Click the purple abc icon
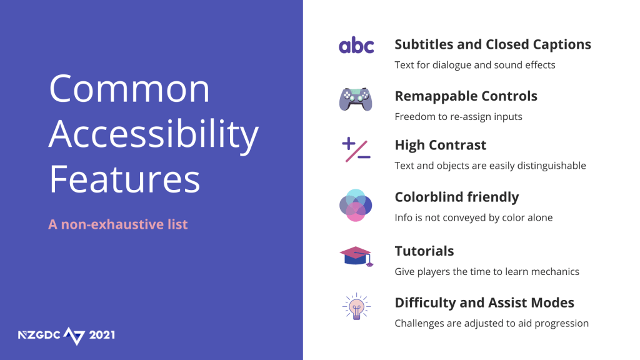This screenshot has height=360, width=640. (356, 45)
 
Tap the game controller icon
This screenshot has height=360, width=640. (356, 99)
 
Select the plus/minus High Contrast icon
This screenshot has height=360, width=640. (356, 150)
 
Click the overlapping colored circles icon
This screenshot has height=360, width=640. (356, 205)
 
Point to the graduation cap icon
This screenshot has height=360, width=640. (356, 256)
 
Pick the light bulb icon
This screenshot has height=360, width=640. (356, 306)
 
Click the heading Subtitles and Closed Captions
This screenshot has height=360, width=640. (492, 44)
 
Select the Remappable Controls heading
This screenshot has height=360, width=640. (466, 96)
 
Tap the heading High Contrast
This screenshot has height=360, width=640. (441, 145)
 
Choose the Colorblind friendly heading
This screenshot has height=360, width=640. (457, 197)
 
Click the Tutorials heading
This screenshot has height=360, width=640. (424, 251)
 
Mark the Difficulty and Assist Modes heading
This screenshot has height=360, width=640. (484, 303)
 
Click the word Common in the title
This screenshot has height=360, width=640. (129, 89)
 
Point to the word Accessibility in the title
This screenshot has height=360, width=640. (154, 135)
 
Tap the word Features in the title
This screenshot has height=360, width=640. (125, 179)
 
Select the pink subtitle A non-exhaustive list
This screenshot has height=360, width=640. (118, 224)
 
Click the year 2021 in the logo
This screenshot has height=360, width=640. (102, 335)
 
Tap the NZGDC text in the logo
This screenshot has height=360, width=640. (39, 335)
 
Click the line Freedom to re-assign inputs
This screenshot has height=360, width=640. (458, 117)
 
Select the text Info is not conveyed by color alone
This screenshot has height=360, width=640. (474, 217)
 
